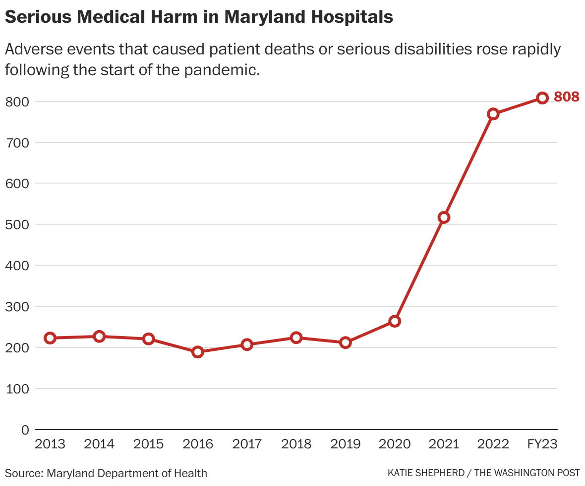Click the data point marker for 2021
tap(444, 217)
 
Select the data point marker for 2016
tap(198, 352)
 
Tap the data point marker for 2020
tap(395, 321)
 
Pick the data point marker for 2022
tap(493, 114)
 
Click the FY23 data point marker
tap(542, 98)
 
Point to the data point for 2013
tap(50, 338)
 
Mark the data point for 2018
tap(296, 338)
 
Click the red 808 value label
tap(566, 97)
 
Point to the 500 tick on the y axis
tap(17, 224)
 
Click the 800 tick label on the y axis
tap(17, 101)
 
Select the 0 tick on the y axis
tap(25, 430)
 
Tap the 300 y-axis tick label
tap(17, 306)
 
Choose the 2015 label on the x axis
tap(148, 444)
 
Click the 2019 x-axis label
tap(346, 444)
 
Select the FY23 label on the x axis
tap(542, 444)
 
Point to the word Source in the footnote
tap(23, 473)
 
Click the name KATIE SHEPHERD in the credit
tap(425, 473)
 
